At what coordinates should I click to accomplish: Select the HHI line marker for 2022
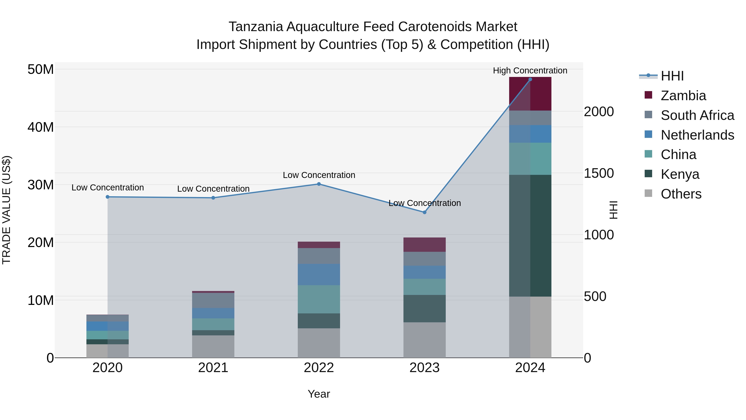coord(319,184)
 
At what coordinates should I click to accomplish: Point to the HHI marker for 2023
coord(425,212)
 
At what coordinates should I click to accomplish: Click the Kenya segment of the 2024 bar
coord(530,235)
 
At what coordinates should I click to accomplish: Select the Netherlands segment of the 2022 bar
coord(319,274)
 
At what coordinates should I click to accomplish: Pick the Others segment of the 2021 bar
coord(213,346)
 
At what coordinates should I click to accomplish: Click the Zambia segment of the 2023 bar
coord(425,245)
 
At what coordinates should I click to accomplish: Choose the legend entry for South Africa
coord(697,115)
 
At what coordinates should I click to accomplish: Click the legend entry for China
coord(678,155)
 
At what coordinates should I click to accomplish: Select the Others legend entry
coord(681,194)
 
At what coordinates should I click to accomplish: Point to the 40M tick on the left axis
coord(41,127)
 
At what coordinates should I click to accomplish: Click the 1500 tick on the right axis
coord(599,173)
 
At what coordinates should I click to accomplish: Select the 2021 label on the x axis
coord(213,368)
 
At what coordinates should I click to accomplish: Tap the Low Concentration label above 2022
coord(319,175)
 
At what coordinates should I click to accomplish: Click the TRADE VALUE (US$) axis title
coord(6,210)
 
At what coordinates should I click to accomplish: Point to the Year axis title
coord(319,394)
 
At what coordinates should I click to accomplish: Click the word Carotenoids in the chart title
coord(435,27)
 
